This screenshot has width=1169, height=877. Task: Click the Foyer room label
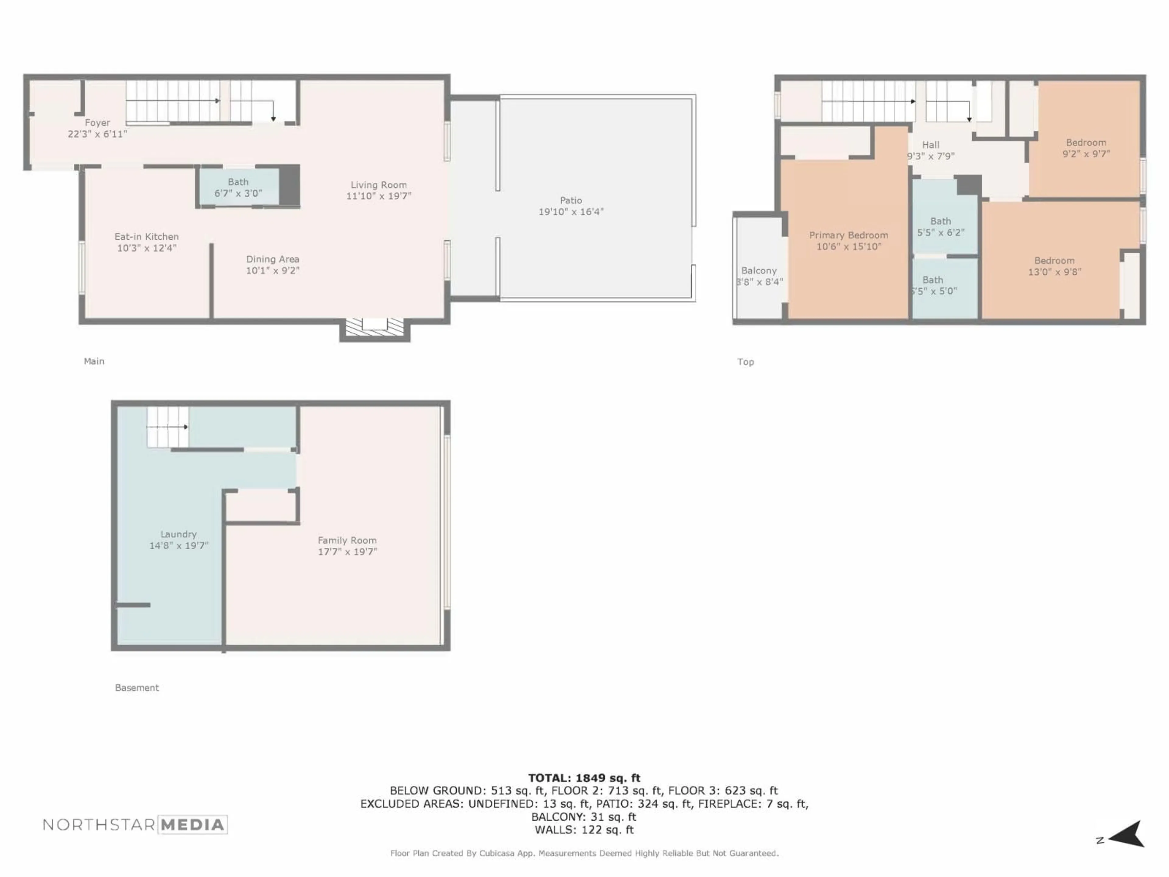97,123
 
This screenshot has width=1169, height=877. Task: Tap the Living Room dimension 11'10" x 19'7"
378,196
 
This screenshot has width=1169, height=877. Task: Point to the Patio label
571,200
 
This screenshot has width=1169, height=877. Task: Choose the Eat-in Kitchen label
146,236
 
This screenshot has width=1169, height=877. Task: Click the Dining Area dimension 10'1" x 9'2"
273,271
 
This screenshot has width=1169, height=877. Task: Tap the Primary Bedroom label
848,235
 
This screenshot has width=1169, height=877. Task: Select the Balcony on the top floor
759,271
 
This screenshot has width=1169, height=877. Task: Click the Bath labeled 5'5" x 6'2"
941,226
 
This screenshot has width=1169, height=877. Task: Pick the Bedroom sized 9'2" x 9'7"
1086,148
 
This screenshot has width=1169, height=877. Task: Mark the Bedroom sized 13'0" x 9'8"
1054,266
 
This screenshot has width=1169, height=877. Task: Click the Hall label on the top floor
931,145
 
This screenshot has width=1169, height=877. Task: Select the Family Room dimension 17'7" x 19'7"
347,551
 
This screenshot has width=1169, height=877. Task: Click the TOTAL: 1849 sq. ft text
584,778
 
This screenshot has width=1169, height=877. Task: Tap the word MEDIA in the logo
192,825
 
